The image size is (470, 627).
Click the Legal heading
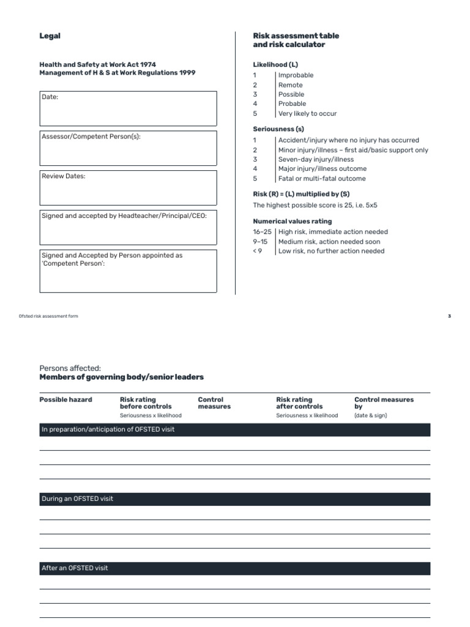tap(50, 36)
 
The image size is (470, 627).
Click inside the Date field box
tap(128, 108)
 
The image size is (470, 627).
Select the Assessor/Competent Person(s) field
tap(128, 148)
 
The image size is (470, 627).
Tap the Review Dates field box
tap(128, 187)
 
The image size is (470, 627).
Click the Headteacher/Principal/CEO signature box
tap(128, 227)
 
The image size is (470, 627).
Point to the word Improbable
tap(296, 75)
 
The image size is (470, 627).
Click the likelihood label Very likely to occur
tap(307, 113)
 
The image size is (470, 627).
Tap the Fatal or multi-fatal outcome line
tap(322, 179)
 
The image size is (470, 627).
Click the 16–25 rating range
tap(262, 232)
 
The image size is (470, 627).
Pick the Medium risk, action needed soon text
tap(329, 242)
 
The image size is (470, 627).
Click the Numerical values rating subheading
tap(293, 221)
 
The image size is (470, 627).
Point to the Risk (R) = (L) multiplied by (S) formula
tap(301, 194)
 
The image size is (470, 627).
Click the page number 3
tap(449, 316)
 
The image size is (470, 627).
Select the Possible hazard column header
tap(65, 400)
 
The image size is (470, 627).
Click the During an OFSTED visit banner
tap(235, 499)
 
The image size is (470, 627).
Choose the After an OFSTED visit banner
tap(235, 568)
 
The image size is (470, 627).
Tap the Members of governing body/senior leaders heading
tap(121, 377)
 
